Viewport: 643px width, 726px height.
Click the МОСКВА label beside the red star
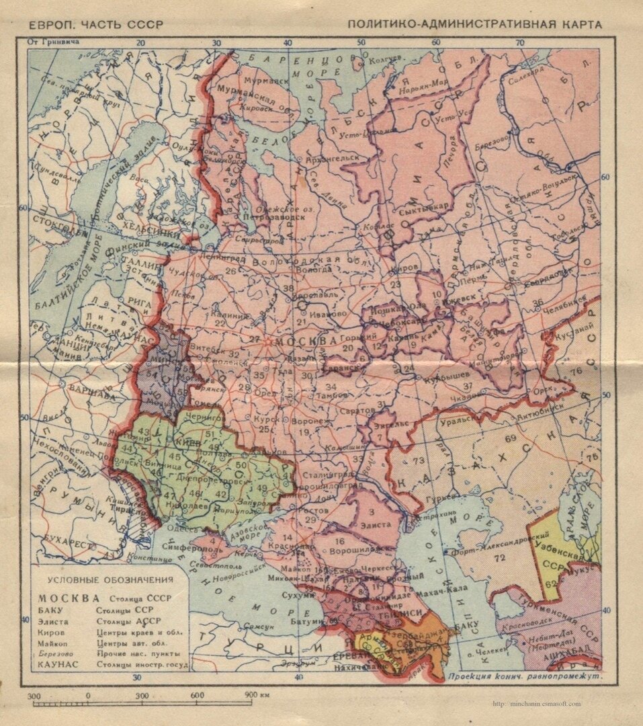[x=306, y=341]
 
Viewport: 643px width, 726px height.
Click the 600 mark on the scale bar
[x=197, y=695]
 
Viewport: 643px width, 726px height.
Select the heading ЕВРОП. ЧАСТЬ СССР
[x=96, y=25]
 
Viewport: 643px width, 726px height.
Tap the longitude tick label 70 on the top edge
[x=519, y=43]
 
